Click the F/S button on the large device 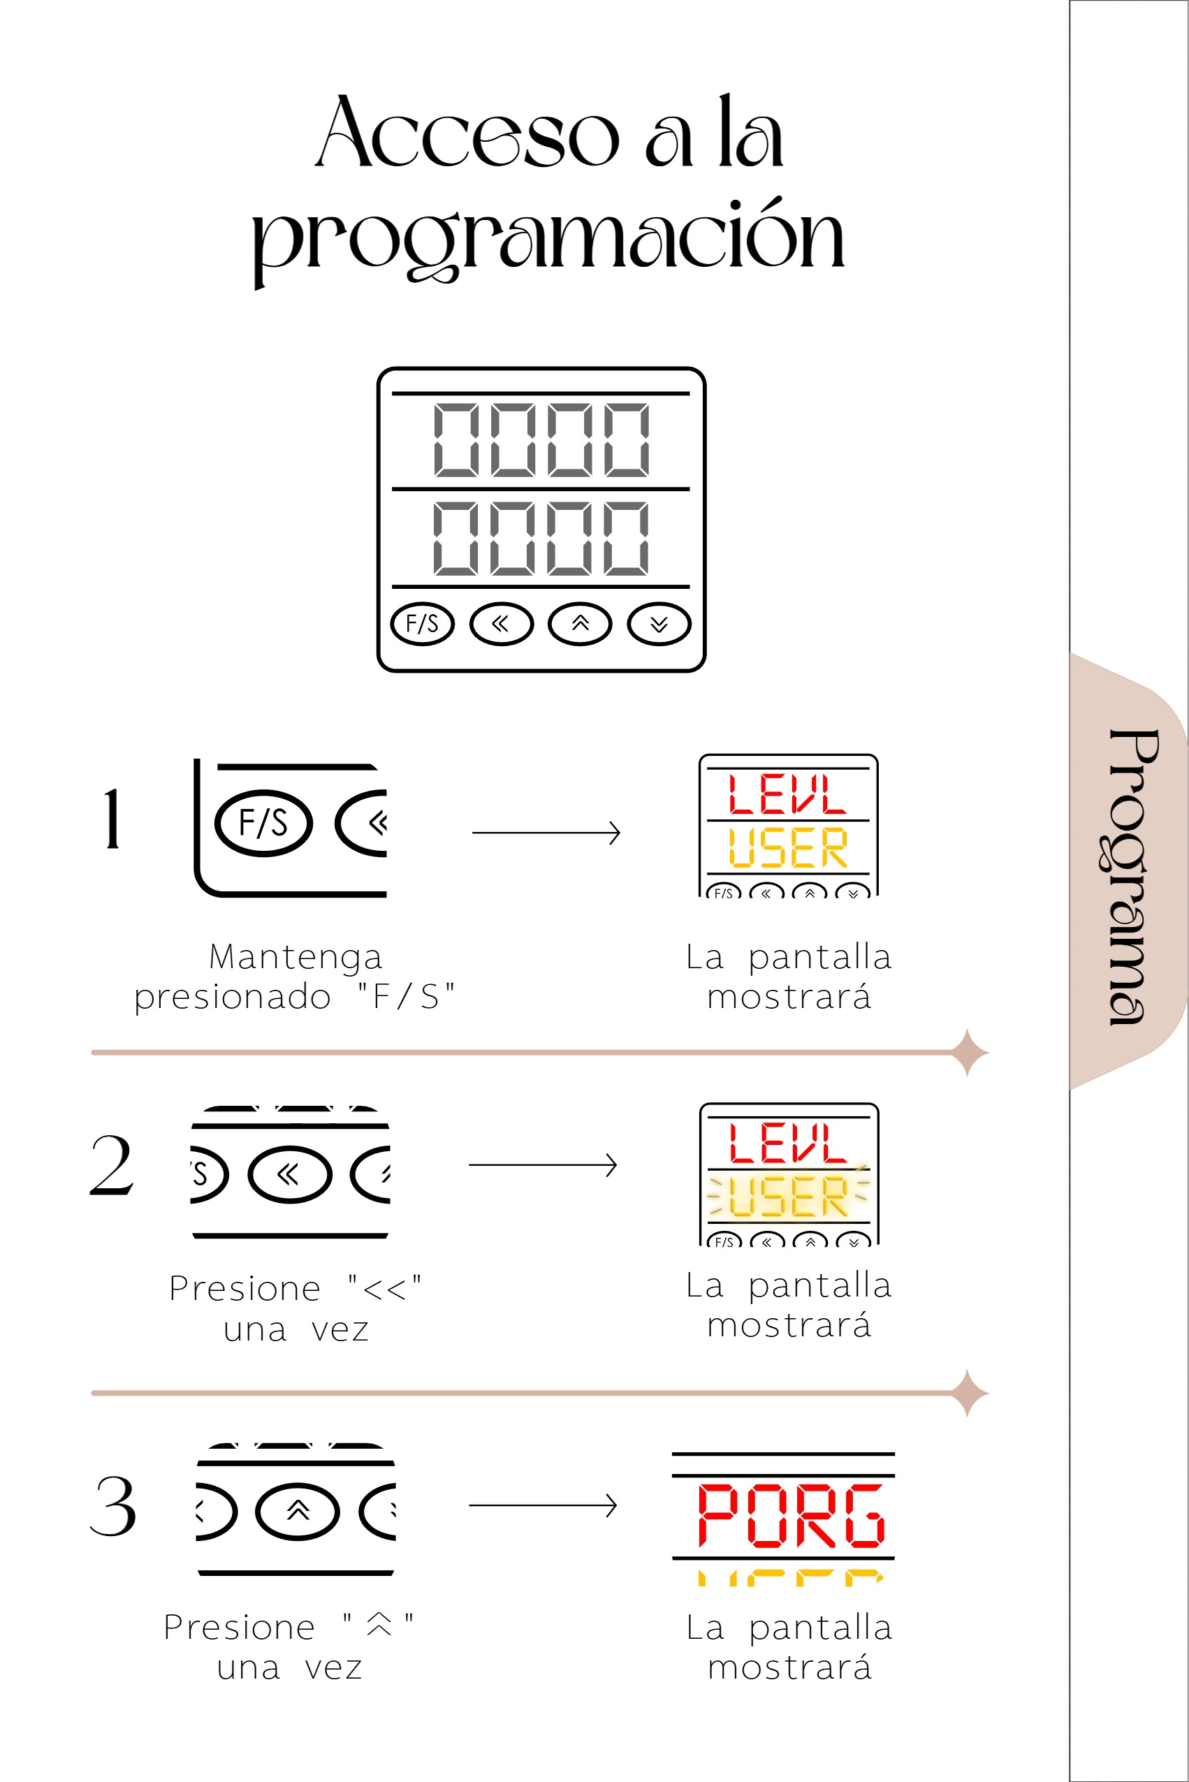coord(423,624)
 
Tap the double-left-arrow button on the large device coord(501,624)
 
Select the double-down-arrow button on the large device coord(659,624)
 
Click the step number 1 coord(112,818)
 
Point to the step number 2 coord(112,1165)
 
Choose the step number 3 coord(113,1506)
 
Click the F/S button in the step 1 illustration coord(264,823)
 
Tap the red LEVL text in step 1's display coord(787,794)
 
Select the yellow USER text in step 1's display coord(787,847)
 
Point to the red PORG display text coord(791,1515)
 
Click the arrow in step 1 coord(546,833)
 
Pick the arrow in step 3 coord(543,1505)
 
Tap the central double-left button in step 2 coord(290,1174)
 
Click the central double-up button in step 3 coord(298,1511)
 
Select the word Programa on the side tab coord(1133,877)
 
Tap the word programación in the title coord(548,239)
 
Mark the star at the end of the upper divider coord(968,1053)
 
